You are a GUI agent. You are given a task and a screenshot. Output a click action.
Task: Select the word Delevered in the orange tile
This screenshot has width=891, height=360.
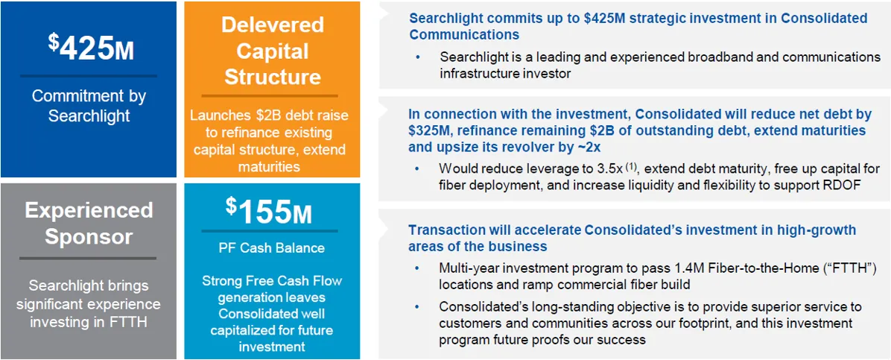(x=272, y=25)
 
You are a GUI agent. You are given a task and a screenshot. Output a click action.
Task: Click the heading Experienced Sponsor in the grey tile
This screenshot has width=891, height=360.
(x=89, y=223)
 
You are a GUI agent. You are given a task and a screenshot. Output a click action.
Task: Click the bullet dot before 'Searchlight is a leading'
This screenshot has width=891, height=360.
(x=419, y=57)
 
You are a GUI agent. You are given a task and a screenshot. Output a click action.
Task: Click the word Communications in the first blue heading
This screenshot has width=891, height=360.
(x=463, y=34)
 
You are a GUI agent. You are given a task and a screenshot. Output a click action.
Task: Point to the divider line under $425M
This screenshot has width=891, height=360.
(x=89, y=75)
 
